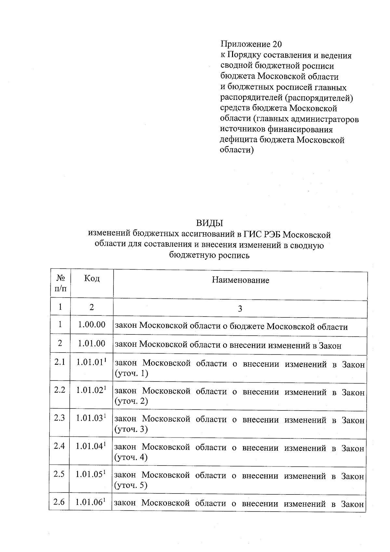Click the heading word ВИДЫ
(x=210, y=223)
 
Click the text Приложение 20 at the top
(x=251, y=44)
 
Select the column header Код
(x=92, y=278)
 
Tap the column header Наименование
(x=240, y=280)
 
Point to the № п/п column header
(x=61, y=283)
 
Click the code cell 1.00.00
(x=92, y=324)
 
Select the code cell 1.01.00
(x=92, y=343)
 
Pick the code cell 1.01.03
(x=90, y=418)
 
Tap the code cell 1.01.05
(x=89, y=474)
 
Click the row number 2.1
(x=60, y=362)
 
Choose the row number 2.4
(x=59, y=446)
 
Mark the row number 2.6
(x=59, y=502)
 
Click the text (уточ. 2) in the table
(x=131, y=401)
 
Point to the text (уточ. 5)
(x=131, y=486)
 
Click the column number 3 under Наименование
(x=240, y=309)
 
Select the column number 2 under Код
(x=92, y=307)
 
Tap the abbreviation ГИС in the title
(x=252, y=234)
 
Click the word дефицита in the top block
(x=239, y=140)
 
